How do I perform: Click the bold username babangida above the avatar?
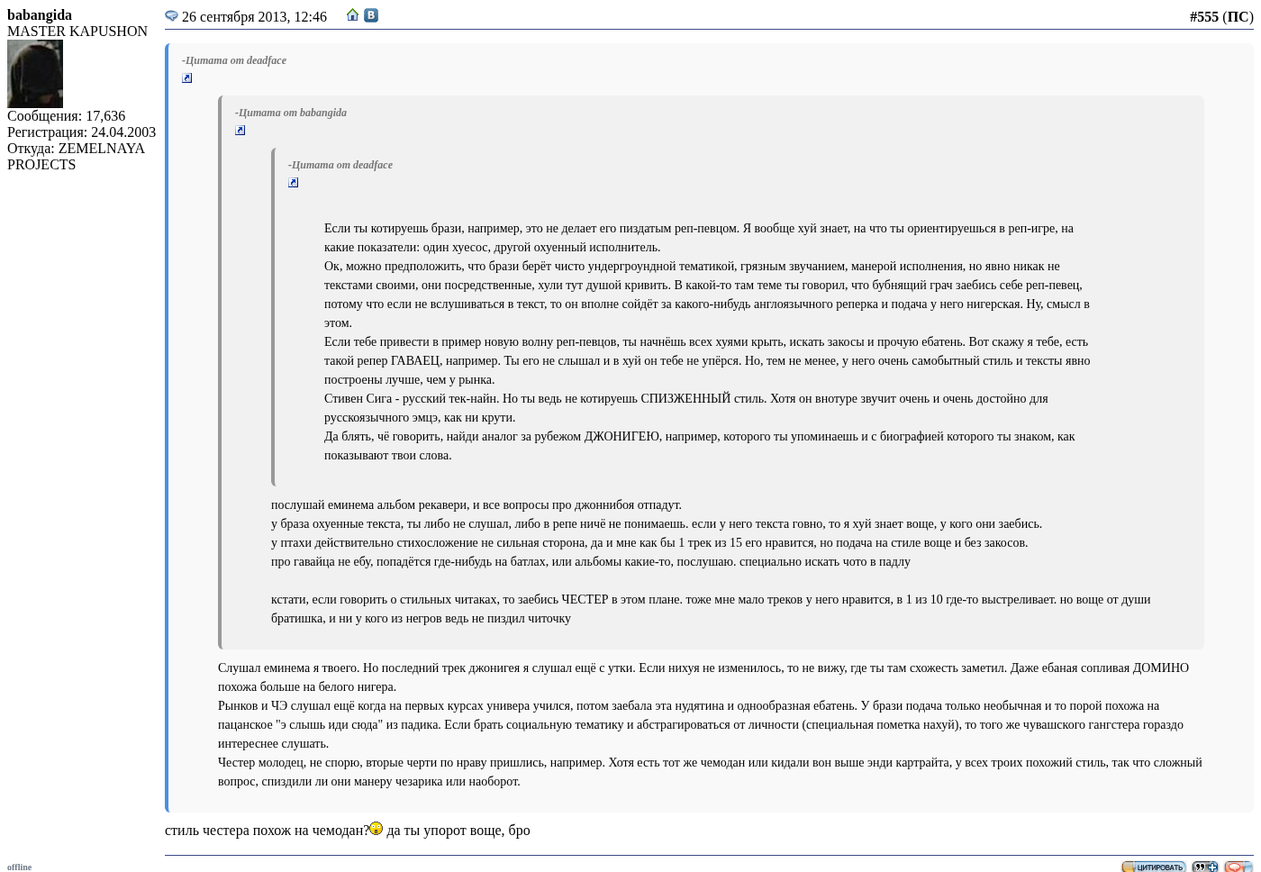(40, 15)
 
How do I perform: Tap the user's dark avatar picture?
(35, 74)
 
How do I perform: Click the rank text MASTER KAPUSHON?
(77, 32)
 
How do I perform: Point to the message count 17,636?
(105, 116)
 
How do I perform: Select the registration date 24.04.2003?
(123, 132)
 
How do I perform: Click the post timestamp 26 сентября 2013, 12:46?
(254, 17)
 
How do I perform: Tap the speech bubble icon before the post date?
(171, 16)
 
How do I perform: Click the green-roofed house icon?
(353, 15)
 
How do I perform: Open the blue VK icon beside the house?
(371, 15)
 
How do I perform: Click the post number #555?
(1203, 17)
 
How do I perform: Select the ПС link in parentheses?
(1238, 17)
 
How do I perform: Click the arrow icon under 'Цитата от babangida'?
(240, 131)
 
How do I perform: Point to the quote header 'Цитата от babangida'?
(291, 113)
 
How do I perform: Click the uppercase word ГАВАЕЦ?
(416, 361)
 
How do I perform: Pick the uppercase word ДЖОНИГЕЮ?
(621, 437)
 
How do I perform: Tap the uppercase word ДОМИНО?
(1160, 668)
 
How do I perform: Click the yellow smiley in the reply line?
(376, 829)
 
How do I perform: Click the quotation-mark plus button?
(1204, 867)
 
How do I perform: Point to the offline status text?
(19, 867)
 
